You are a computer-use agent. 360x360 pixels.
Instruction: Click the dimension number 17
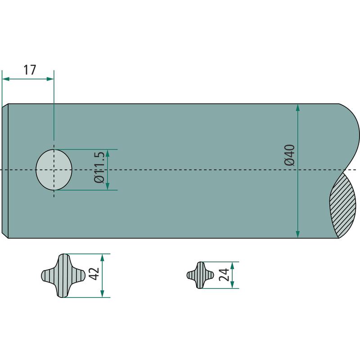coord(30,70)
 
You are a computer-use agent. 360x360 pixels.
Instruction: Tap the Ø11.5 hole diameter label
coord(99,166)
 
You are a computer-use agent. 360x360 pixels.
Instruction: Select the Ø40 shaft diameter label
coord(289,155)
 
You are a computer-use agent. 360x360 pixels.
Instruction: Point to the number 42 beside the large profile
coord(94,274)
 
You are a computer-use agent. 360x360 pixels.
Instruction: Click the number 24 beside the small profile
coord(224,274)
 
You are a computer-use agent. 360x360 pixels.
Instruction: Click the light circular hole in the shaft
coord(54,170)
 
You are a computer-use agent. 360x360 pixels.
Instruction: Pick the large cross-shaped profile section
coord(63,275)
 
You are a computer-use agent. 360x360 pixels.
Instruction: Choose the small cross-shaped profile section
coord(200,275)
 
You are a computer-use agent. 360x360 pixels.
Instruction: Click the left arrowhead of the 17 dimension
coord(6,79)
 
